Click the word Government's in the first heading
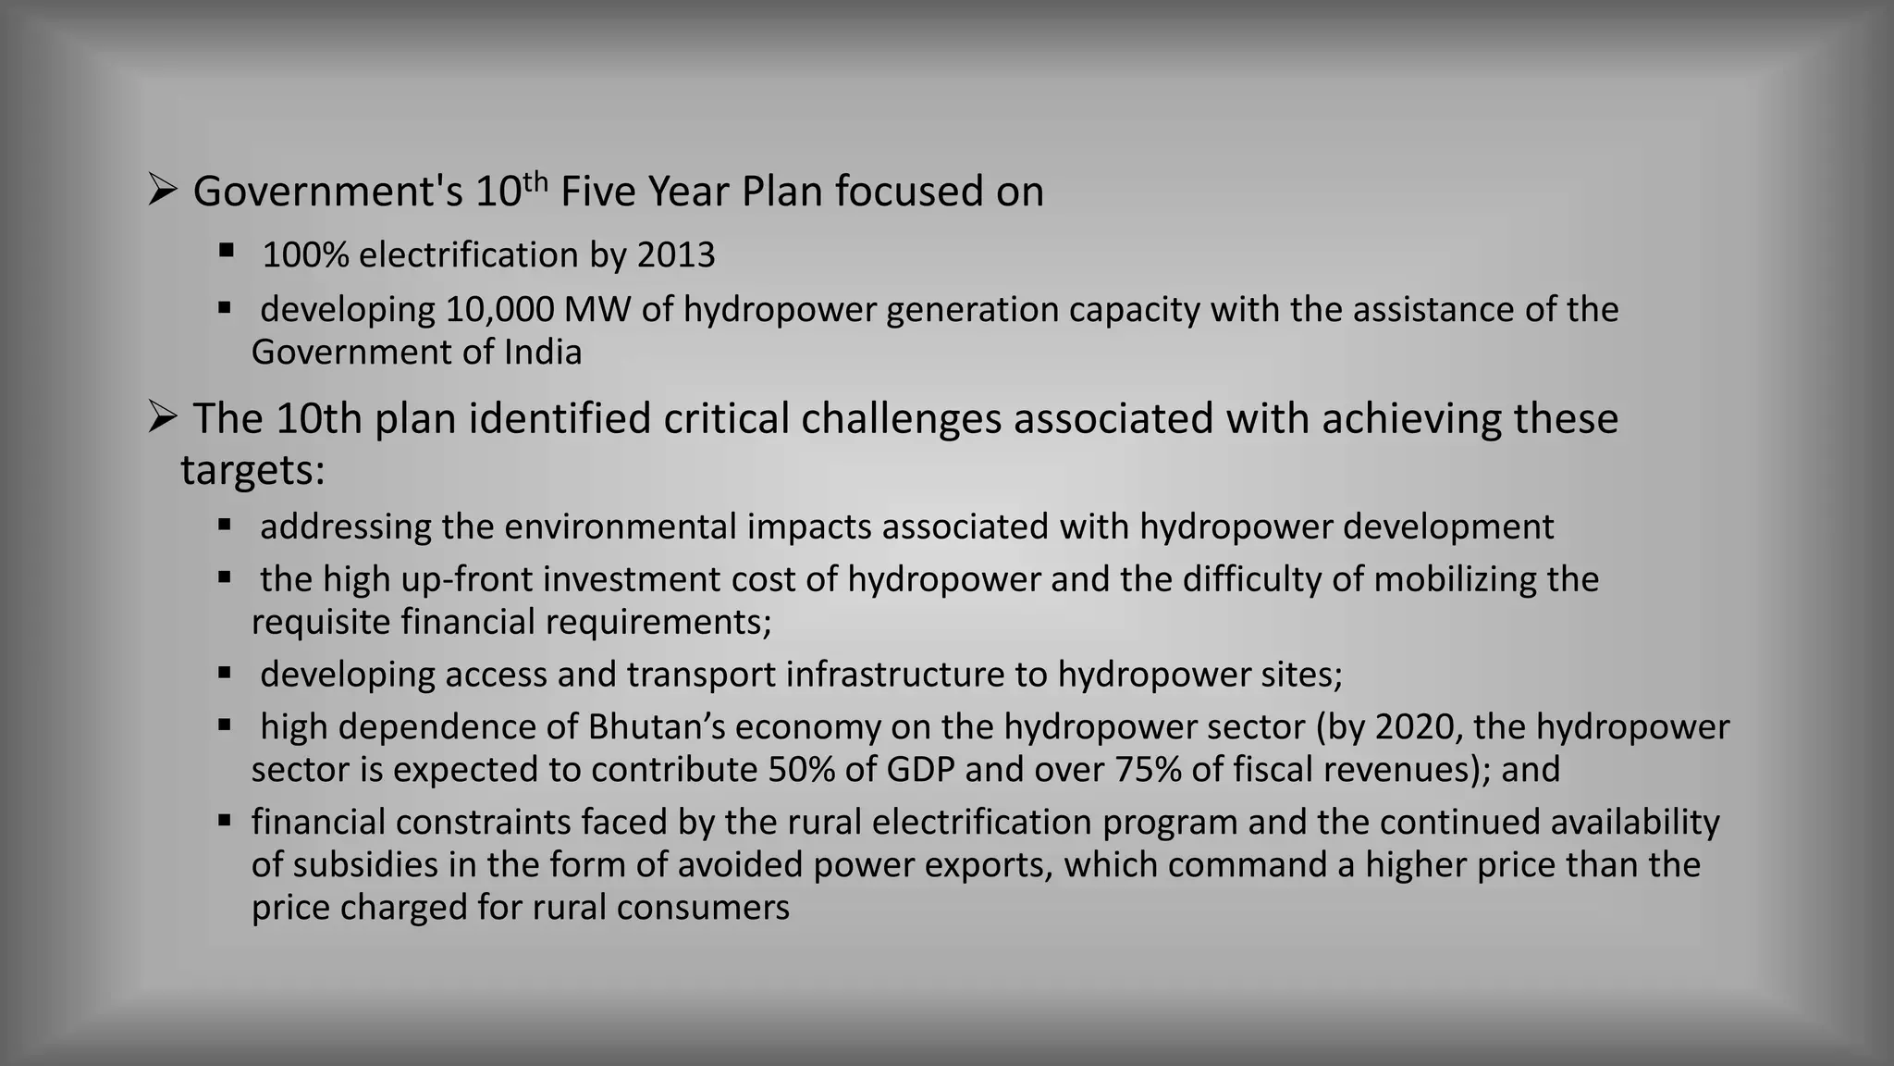click(x=327, y=192)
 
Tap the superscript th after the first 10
click(x=535, y=181)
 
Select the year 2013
click(x=676, y=255)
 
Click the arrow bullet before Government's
click(x=163, y=192)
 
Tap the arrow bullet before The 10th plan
click(x=163, y=418)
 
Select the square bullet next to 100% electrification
click(x=226, y=251)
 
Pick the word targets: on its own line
click(x=252, y=470)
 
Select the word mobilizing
click(x=1455, y=580)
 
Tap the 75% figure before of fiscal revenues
click(x=1148, y=770)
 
